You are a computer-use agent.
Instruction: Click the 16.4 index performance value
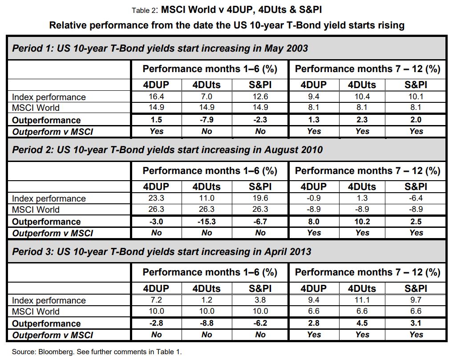tap(157, 97)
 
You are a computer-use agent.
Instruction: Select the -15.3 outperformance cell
tap(206, 222)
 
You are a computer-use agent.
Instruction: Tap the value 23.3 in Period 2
tap(157, 198)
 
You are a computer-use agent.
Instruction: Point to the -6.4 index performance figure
tap(416, 198)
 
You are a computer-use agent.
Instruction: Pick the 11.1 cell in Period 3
tap(362, 300)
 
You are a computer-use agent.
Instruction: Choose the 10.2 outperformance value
tap(362, 222)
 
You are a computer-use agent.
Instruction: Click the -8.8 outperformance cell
tap(206, 324)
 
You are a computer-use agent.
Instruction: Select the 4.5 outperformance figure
tap(362, 324)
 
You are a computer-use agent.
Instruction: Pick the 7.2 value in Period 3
tap(157, 300)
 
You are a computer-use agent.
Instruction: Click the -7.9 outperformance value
tap(206, 120)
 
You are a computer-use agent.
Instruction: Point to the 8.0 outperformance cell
tap(314, 222)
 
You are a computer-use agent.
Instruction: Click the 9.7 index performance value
tap(416, 300)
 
